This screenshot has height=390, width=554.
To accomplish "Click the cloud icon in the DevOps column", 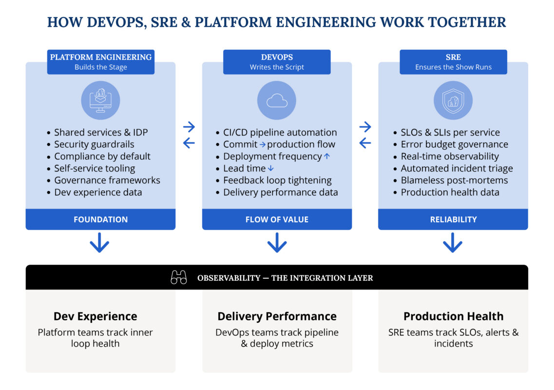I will coord(277,100).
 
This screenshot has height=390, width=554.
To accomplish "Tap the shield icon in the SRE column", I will coord(453,100).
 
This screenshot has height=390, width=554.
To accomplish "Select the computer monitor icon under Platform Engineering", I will coord(100,100).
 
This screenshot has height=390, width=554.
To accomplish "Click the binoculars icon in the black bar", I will coord(179,278).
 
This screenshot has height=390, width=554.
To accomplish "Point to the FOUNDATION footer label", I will coord(100,219).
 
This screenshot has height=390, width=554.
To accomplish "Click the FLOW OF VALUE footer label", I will coord(277,219).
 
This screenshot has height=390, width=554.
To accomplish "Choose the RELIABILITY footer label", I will coord(453,219).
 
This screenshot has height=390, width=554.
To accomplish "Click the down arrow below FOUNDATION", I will coord(99,242).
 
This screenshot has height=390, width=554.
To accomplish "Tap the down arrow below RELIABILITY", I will coord(453,242).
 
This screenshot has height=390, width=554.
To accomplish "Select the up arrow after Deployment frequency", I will coord(327,156).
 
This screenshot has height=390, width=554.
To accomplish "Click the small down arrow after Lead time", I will coord(271,169).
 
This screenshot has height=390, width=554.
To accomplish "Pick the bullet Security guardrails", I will coord(94,144).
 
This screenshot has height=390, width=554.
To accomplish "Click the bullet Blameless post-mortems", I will coord(454,180).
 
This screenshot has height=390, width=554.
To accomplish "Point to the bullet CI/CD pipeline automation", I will coord(280,133).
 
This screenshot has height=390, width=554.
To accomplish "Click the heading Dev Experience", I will coord(96,316).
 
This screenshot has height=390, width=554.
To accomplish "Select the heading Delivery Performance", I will coord(277,316).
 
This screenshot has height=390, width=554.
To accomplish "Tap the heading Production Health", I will coord(453,316).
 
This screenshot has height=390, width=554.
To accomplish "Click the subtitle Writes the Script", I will coord(277,67).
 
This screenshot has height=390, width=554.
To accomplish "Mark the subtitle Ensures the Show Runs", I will coord(453,67).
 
